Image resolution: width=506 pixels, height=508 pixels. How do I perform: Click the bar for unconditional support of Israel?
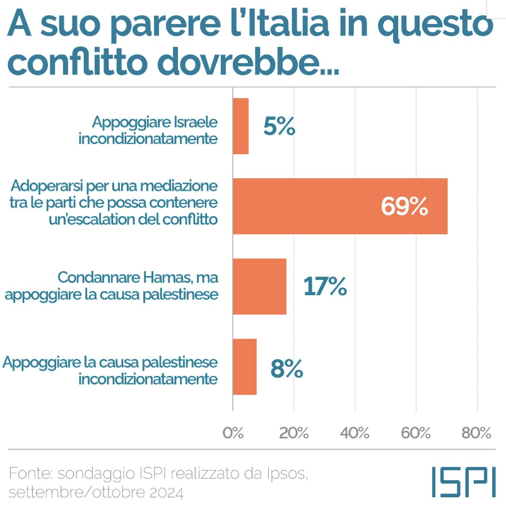coord(240,126)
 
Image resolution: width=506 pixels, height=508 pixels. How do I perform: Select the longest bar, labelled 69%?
coord(340,206)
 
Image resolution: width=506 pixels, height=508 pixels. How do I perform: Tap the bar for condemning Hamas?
coord(259,286)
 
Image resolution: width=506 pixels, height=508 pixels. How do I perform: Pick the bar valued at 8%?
coord(245,366)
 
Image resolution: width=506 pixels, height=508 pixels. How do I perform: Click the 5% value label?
coord(279,127)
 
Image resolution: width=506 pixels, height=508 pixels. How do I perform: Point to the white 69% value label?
coord(404,207)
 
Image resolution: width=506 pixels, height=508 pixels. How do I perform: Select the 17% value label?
coord(325,286)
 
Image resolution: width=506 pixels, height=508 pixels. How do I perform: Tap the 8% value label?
coord(286,367)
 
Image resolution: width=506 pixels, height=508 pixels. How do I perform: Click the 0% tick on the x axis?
coord(233,433)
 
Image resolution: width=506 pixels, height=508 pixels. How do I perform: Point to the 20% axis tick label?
coord(294,433)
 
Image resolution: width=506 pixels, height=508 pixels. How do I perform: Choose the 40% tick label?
coord(355,433)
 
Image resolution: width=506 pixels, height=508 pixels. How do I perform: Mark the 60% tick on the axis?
coord(416,433)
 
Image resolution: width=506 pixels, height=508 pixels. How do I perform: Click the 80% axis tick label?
coord(476,433)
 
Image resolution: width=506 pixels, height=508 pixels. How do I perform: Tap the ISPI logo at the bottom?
coord(463,482)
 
